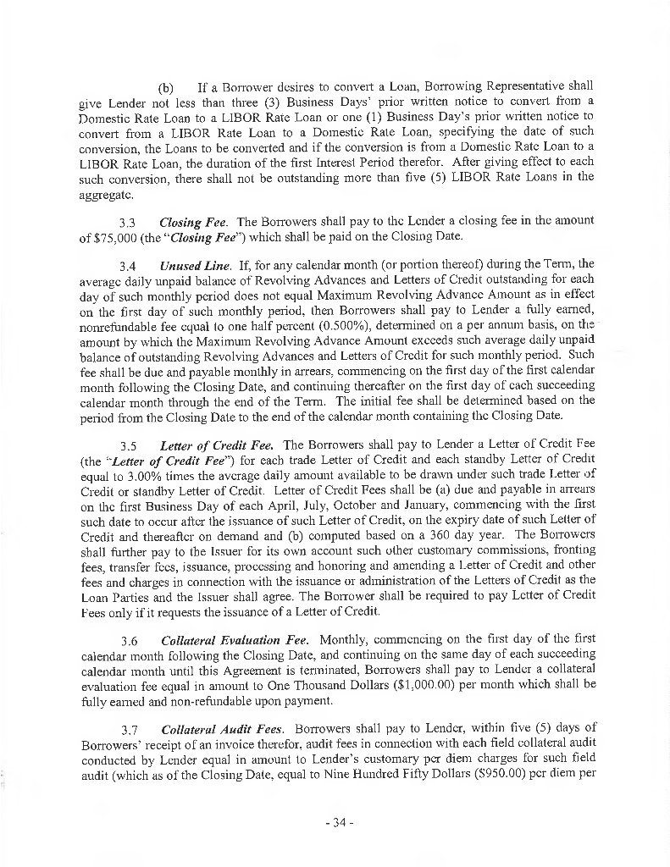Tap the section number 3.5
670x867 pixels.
[129, 445]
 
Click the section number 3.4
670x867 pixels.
[129, 267]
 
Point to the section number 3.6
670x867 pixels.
[129, 638]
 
